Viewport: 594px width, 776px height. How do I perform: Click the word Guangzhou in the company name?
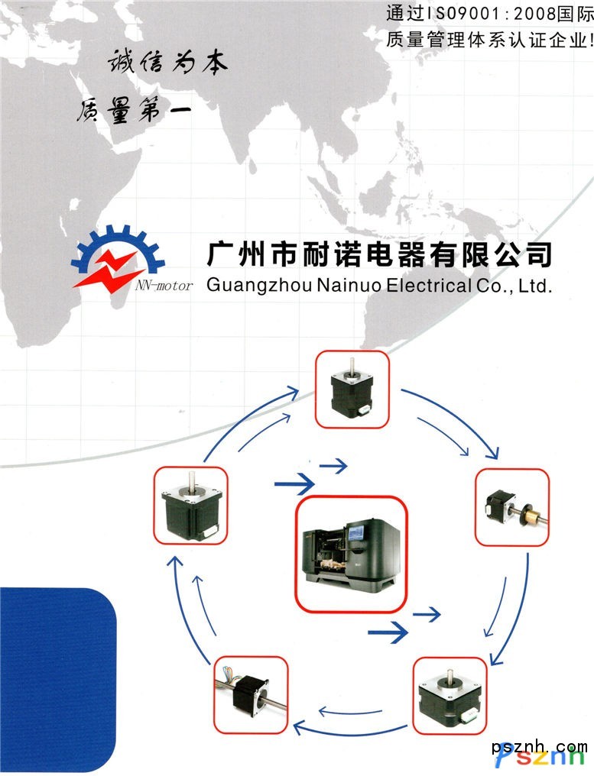pyautogui.click(x=259, y=286)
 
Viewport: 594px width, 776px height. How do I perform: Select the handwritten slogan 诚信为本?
pyautogui.click(x=167, y=63)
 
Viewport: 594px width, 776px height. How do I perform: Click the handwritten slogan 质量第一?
pyautogui.click(x=133, y=109)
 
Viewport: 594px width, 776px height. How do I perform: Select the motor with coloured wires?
pyautogui.click(x=250, y=693)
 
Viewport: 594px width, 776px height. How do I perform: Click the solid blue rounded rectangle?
pyautogui.click(x=57, y=680)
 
